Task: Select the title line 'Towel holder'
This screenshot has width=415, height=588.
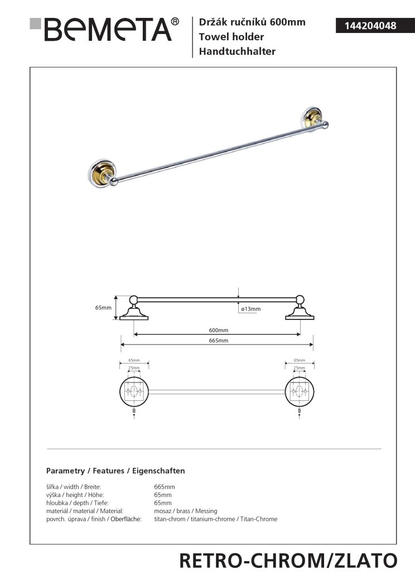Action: point(228,37)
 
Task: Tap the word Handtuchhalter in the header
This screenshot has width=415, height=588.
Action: point(234,52)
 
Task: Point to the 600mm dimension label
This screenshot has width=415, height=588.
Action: point(218,330)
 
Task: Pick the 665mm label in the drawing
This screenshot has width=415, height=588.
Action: point(218,341)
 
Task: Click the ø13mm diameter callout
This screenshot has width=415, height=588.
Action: point(250,309)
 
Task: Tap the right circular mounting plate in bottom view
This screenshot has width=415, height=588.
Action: point(300,391)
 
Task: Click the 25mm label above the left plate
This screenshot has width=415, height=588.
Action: point(134,368)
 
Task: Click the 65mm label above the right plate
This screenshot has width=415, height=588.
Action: point(300,361)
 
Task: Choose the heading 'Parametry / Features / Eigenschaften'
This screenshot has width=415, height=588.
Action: point(115,471)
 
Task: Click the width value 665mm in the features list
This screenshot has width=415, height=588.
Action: point(164,487)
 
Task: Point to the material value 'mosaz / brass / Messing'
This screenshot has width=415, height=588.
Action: point(185,511)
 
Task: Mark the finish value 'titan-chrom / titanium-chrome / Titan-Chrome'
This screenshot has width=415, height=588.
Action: point(215,519)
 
